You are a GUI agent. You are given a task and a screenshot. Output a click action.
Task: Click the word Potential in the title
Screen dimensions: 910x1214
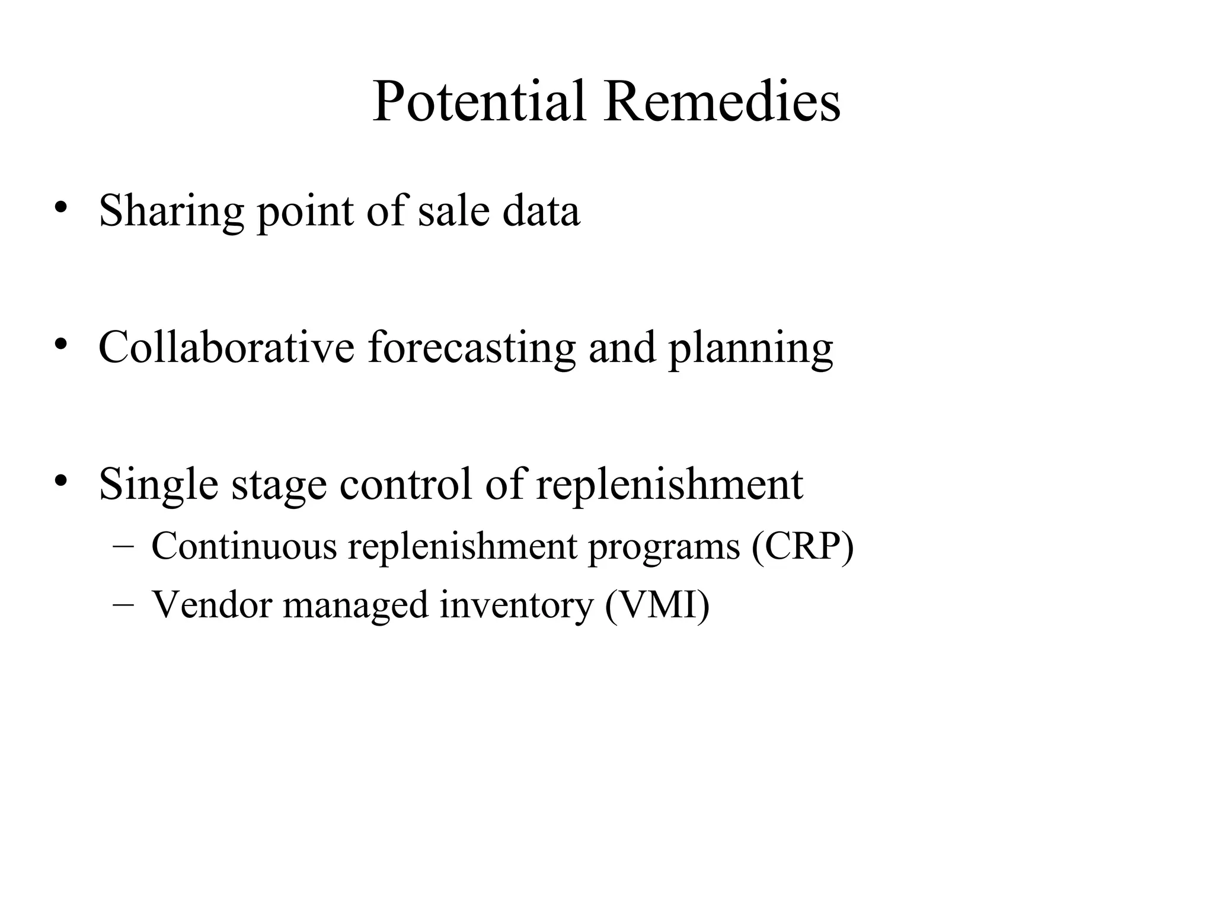point(479,101)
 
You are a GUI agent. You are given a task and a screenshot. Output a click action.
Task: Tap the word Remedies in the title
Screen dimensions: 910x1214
point(721,101)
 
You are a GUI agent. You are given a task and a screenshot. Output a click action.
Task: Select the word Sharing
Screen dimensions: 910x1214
point(171,212)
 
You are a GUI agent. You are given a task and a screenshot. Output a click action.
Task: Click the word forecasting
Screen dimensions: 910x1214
point(472,348)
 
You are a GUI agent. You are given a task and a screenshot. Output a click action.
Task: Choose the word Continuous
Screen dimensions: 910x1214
point(244,545)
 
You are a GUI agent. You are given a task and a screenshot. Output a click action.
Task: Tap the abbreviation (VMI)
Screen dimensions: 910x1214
point(657,605)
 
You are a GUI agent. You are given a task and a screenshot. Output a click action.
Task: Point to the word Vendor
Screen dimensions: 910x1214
point(212,605)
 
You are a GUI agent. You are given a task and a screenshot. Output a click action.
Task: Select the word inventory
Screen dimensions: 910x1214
point(516,606)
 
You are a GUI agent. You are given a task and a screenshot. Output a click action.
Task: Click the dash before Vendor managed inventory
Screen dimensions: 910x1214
point(123,605)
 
